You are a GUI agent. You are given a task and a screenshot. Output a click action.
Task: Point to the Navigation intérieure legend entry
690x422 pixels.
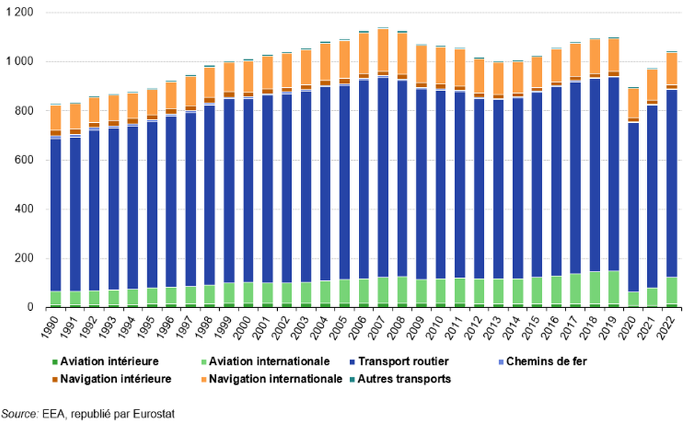point(111,378)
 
